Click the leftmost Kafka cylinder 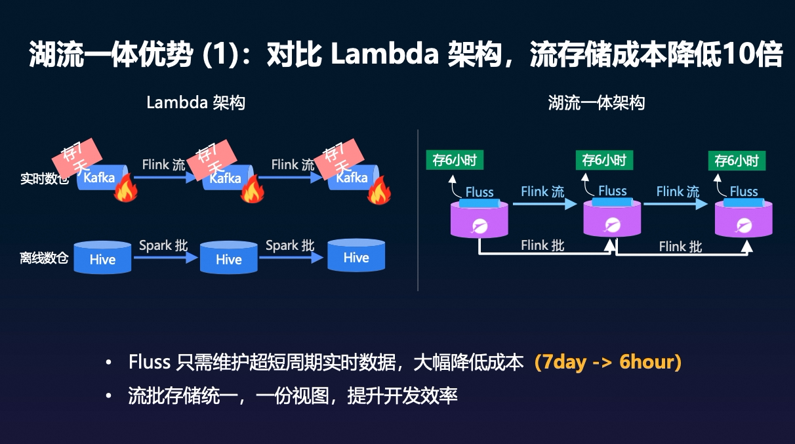click(x=100, y=178)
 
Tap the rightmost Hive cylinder click(x=356, y=256)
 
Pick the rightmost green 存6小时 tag click(x=737, y=161)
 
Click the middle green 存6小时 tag click(x=604, y=160)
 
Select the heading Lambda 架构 click(x=195, y=103)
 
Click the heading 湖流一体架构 click(x=596, y=103)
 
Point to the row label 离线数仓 click(x=44, y=258)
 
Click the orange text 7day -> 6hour click(x=607, y=362)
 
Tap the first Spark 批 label click(x=163, y=245)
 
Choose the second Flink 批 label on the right click(x=680, y=246)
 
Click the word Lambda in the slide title click(x=384, y=55)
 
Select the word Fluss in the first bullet click(x=150, y=362)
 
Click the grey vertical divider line click(x=418, y=210)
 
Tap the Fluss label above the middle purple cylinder click(x=613, y=191)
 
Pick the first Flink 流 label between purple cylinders click(x=542, y=192)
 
